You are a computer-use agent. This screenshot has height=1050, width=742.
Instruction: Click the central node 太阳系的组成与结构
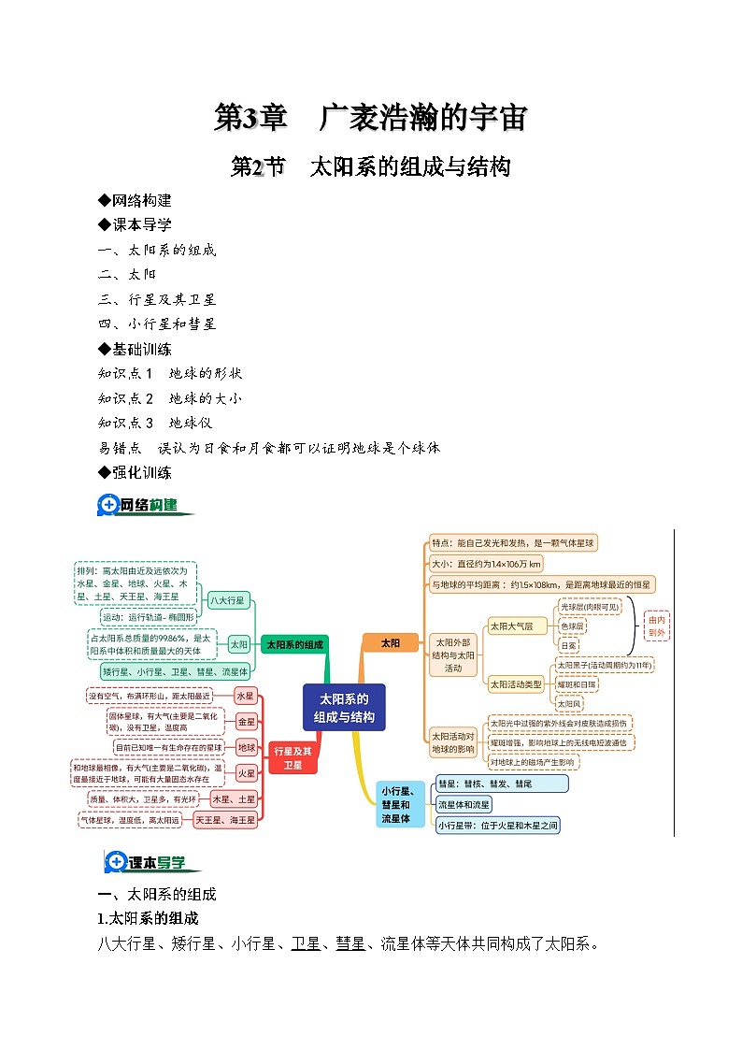click(344, 708)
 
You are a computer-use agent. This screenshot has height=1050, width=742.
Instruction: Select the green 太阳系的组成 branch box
click(294, 644)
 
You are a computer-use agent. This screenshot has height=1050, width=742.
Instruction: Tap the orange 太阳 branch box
click(390, 642)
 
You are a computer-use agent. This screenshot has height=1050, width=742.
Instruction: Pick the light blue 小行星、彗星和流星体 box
click(403, 804)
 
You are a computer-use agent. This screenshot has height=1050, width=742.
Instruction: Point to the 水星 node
click(245, 696)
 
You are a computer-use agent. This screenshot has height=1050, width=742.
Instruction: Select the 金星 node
click(246, 722)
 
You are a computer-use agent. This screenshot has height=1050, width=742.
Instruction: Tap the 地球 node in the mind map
click(246, 747)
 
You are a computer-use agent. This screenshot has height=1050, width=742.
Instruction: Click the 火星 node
click(246, 773)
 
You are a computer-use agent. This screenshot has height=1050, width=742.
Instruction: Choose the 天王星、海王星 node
click(224, 820)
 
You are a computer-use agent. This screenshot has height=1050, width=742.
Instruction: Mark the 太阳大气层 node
click(511, 626)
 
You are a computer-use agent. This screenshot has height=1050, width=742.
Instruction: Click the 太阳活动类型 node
click(516, 684)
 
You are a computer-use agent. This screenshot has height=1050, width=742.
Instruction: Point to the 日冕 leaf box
click(568, 645)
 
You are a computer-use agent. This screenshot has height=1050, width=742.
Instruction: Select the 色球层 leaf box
click(572, 626)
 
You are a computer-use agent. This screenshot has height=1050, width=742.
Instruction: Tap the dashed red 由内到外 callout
click(657, 626)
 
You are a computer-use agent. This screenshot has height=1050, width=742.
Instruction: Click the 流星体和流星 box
click(464, 804)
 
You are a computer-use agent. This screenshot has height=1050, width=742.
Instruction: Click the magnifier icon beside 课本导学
click(116, 862)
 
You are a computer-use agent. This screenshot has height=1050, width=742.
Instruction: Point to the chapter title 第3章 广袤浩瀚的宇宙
click(371, 119)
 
